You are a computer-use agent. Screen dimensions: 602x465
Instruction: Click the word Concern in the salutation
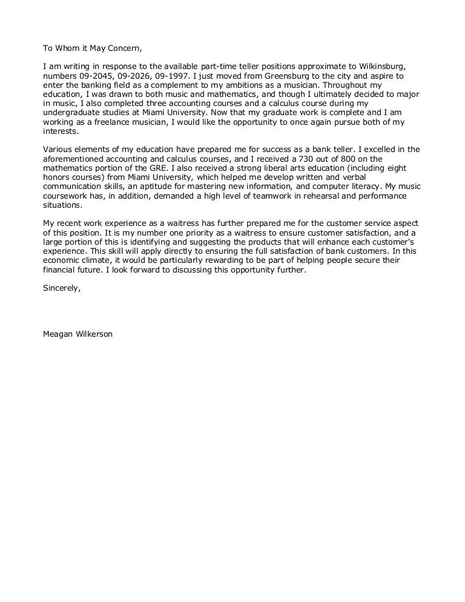pos(124,48)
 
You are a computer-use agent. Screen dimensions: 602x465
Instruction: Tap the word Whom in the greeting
pos(68,48)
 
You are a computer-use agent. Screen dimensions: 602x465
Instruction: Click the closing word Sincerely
pos(61,288)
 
